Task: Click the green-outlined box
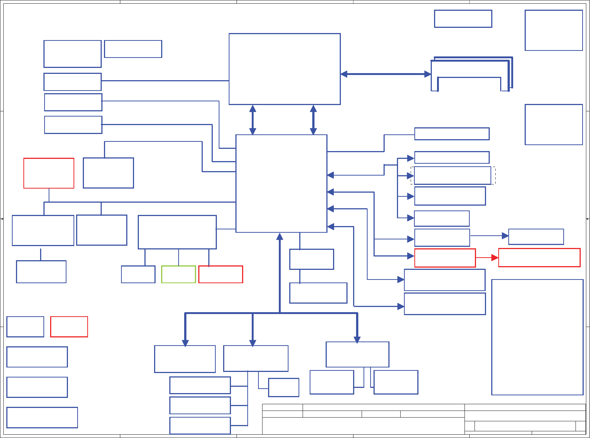(x=179, y=274)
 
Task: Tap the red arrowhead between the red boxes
(x=495, y=258)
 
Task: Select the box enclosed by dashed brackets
(x=452, y=176)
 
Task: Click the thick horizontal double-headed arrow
(x=385, y=74)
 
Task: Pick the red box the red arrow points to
(x=539, y=258)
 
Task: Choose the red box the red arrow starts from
(x=445, y=258)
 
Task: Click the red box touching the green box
(x=221, y=274)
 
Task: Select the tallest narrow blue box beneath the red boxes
(x=537, y=337)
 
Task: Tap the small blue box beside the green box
(x=138, y=274)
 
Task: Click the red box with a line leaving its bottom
(x=49, y=173)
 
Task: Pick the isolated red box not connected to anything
(x=69, y=327)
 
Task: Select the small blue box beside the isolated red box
(x=25, y=327)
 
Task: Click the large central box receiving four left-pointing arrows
(x=281, y=183)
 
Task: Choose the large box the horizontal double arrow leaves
(x=285, y=69)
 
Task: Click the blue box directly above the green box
(x=177, y=232)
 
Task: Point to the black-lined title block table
(x=424, y=419)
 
